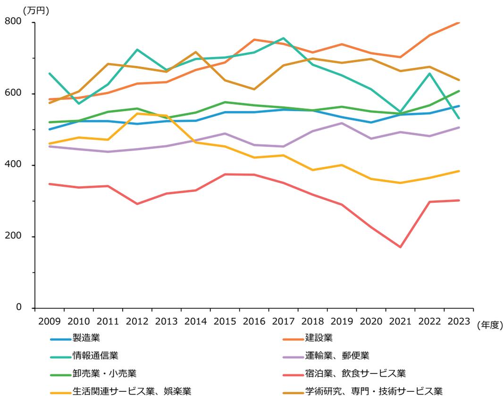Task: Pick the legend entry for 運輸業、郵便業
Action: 330,355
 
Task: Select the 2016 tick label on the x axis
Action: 254,322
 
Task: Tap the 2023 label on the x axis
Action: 459,322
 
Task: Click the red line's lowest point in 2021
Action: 401,247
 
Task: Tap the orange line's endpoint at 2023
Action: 459,23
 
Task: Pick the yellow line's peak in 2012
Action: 137,114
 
